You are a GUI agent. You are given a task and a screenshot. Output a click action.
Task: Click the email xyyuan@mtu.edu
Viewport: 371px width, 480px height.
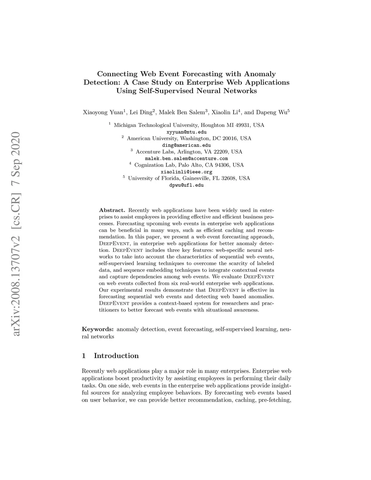pos(186,132)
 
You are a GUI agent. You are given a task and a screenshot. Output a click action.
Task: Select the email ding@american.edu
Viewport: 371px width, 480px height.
pos(186,145)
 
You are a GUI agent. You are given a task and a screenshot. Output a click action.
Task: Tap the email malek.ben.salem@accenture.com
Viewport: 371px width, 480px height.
pos(186,159)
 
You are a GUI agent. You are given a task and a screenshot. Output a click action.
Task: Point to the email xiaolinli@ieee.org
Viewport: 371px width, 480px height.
pos(186,172)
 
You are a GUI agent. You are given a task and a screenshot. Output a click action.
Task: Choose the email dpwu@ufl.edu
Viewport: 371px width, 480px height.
pos(186,185)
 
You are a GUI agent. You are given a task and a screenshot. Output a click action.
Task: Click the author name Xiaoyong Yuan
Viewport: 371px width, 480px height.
pos(103,112)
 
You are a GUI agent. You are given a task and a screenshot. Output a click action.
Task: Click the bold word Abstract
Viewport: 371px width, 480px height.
pos(112,210)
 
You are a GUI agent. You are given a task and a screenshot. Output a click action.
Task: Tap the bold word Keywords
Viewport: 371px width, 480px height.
pos(98,329)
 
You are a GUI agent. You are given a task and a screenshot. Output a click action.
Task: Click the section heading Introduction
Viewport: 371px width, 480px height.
pos(116,356)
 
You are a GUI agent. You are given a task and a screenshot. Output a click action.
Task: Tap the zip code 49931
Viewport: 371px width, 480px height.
pos(244,125)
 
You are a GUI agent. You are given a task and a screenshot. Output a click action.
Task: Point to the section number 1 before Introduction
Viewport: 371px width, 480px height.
pos(84,356)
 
